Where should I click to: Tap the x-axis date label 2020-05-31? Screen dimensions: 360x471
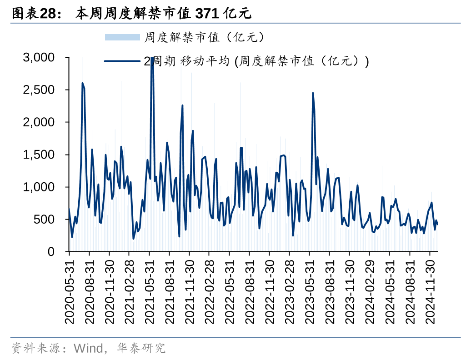click(70, 291)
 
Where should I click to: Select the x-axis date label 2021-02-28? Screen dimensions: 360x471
click(130, 291)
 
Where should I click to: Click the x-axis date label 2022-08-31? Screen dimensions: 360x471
click(251, 291)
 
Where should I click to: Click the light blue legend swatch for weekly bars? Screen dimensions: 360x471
click(122, 37)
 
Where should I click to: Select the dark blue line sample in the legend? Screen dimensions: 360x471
click(122, 61)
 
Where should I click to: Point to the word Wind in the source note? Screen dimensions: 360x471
click(88, 349)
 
